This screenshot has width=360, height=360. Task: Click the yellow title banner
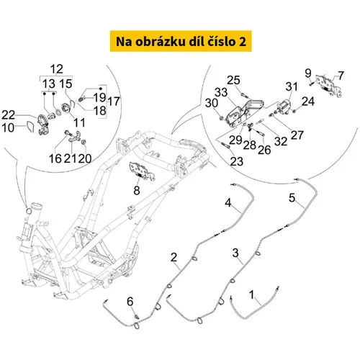(181, 41)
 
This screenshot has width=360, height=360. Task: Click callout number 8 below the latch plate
(137, 191)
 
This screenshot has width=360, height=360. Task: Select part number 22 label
(9, 115)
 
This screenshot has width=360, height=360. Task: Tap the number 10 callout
(8, 127)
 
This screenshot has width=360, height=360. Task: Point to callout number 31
(292, 86)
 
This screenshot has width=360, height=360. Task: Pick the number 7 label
(341, 76)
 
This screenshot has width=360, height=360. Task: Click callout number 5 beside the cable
(292, 198)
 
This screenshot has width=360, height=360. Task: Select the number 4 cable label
(228, 203)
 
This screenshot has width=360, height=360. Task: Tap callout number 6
(130, 302)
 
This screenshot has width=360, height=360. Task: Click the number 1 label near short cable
(251, 294)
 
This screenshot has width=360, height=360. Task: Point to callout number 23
(237, 161)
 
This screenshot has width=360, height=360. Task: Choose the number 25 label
(233, 80)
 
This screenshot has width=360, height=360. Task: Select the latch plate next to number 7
(328, 86)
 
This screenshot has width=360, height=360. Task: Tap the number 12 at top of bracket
(57, 69)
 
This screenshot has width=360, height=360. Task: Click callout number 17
(114, 102)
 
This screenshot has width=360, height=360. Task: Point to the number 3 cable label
(235, 253)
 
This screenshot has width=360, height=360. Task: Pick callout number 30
(212, 103)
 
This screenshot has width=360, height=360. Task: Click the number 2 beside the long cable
(174, 258)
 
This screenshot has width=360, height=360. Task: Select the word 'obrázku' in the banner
(161, 42)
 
